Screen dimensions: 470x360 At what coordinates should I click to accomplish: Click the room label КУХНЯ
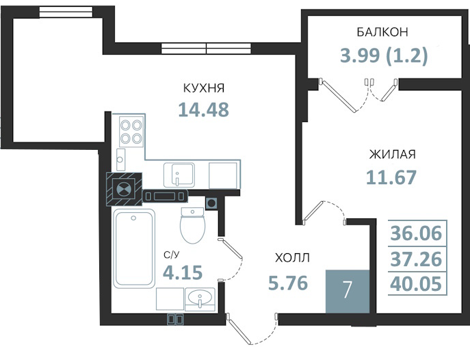(204, 88)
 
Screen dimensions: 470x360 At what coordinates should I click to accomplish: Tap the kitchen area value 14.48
(203, 110)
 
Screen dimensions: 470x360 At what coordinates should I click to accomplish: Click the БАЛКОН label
(382, 31)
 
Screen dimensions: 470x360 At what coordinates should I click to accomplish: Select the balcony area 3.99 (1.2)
(384, 55)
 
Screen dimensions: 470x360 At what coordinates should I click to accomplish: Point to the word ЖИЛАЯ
(393, 155)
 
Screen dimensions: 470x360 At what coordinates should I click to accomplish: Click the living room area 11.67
(391, 177)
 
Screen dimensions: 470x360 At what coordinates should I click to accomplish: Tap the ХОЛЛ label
(292, 258)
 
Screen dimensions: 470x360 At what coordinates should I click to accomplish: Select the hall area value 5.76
(288, 283)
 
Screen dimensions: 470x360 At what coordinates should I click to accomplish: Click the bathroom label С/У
(171, 255)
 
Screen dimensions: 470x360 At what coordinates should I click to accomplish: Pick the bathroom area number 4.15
(183, 272)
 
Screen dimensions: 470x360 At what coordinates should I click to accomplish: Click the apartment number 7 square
(348, 292)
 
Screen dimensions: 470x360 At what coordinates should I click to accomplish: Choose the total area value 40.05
(416, 284)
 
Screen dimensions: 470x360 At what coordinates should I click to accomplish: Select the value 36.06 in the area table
(416, 233)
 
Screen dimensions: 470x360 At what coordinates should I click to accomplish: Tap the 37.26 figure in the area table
(416, 259)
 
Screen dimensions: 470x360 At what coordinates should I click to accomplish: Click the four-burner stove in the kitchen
(131, 131)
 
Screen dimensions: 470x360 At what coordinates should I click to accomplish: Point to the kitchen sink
(179, 175)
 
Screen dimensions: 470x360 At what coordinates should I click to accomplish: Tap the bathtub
(133, 248)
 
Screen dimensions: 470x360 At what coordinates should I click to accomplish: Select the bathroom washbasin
(200, 299)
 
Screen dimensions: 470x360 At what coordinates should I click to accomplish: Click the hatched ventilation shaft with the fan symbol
(124, 189)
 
